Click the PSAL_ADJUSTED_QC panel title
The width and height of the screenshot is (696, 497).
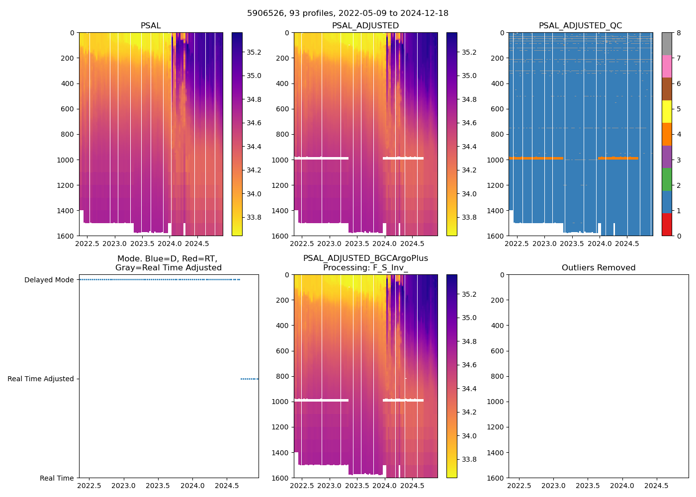click(580, 25)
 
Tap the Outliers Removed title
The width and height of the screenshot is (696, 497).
click(598, 267)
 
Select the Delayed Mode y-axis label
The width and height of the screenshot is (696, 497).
click(49, 280)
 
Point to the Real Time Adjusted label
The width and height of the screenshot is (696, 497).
click(40, 379)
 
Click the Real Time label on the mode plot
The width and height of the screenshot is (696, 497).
click(57, 478)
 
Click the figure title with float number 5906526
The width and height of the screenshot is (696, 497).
click(348, 13)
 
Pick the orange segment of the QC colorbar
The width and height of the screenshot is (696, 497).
click(667, 134)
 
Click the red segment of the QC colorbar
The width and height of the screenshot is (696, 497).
click(667, 225)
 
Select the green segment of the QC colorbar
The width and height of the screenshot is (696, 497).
click(667, 179)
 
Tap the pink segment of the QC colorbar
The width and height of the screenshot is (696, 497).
click(667, 66)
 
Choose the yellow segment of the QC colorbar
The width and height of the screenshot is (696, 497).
click(667, 111)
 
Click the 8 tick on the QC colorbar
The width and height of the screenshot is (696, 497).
click(679, 33)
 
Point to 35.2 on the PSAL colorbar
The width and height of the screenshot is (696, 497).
click(254, 52)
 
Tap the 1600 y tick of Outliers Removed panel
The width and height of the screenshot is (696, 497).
click(496, 478)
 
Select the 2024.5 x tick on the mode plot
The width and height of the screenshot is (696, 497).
click(227, 486)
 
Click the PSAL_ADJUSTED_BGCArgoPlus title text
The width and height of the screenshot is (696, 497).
click(365, 258)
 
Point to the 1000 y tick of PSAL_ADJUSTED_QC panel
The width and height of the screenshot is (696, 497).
click(496, 160)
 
